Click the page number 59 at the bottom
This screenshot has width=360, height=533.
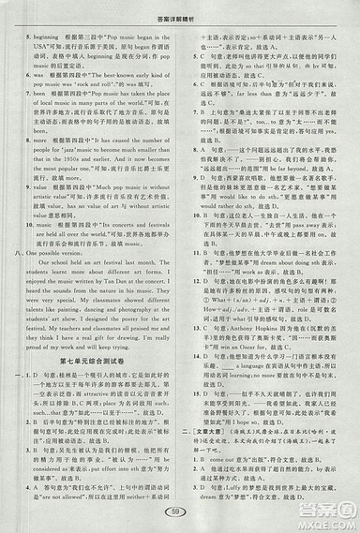point(182,512)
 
